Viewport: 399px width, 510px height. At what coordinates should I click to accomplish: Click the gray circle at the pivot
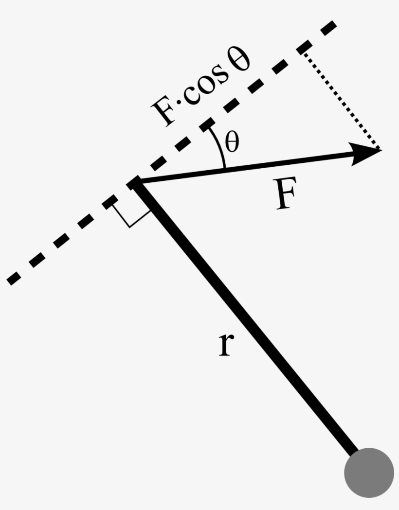[368, 473]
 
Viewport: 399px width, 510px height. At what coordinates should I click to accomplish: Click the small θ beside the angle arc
[232, 143]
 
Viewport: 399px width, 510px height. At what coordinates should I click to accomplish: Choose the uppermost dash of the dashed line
[327, 28]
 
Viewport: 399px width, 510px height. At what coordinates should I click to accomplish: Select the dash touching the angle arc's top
[206, 124]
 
